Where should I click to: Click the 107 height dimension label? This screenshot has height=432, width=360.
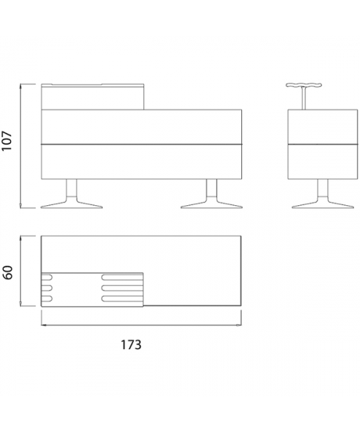pyautogui.click(x=7, y=140)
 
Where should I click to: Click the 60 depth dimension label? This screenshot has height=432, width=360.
pyautogui.click(x=8, y=272)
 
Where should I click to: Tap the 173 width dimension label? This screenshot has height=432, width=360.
pyautogui.click(x=131, y=344)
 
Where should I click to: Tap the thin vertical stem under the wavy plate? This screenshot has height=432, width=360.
pyautogui.click(x=304, y=99)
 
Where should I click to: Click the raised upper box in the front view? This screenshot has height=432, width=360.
pyautogui.click(x=93, y=96)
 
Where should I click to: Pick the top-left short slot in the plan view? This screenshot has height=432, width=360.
pyautogui.click(x=47, y=277)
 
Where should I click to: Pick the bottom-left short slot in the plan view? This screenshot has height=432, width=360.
pyautogui.click(x=47, y=298)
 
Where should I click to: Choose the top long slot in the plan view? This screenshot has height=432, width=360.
pyautogui.click(x=122, y=277)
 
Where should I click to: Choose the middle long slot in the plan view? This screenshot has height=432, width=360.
pyautogui.click(x=122, y=288)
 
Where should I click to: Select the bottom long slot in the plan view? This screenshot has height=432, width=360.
pyautogui.click(x=122, y=298)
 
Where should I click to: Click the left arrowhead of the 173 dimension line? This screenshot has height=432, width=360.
pyautogui.click(x=43, y=325)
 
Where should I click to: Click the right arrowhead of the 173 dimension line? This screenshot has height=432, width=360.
pyautogui.click(x=238, y=325)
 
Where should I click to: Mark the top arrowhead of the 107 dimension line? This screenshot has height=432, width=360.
pyautogui.click(x=20, y=86)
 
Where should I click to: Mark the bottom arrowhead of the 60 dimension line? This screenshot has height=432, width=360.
pyautogui.click(x=20, y=303)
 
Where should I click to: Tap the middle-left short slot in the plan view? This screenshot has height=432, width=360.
pyautogui.click(x=47, y=288)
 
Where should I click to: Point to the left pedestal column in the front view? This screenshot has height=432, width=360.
pyautogui.click(x=71, y=188)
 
